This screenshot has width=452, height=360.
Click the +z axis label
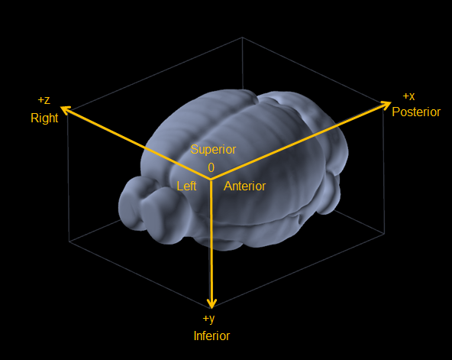coord(44,100)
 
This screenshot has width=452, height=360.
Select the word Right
coord(44,118)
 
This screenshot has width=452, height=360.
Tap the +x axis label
coord(408,96)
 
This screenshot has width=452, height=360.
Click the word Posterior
coord(416,112)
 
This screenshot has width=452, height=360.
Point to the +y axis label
coord(209,319)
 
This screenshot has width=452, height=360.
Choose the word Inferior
coord(211,336)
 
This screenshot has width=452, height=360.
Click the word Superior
coord(213,149)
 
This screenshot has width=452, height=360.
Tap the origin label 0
coord(211,167)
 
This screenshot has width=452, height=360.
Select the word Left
coord(186,186)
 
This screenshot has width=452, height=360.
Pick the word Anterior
coord(244,186)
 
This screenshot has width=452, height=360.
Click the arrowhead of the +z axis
coord(65,110)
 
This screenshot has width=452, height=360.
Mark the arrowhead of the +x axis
coord(386,105)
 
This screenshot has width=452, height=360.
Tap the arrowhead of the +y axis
coord(211,303)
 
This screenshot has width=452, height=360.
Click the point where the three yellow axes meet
coord(211,180)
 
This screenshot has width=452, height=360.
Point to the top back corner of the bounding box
coord(242,37)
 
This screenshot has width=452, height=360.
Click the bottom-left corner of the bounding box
coord(69,242)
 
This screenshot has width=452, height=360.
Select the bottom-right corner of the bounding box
coord(385,234)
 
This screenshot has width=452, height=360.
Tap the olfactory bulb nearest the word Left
coord(163,215)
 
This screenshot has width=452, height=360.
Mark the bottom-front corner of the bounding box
coord(211,307)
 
